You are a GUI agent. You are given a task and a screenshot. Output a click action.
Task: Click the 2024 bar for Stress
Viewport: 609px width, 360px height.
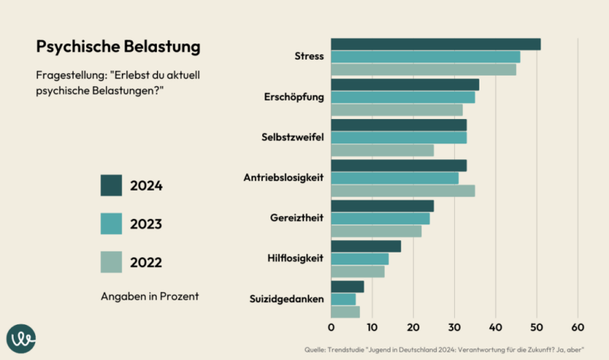(x=435, y=44)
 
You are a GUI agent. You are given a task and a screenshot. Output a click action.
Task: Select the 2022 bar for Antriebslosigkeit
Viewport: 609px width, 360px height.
(x=402, y=191)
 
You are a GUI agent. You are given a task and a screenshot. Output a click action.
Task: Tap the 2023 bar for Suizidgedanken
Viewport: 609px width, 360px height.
(x=343, y=299)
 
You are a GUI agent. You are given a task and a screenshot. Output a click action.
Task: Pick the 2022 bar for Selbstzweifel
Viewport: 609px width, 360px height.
(x=382, y=150)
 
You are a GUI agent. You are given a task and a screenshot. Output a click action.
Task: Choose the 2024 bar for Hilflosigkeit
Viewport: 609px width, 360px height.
(x=366, y=246)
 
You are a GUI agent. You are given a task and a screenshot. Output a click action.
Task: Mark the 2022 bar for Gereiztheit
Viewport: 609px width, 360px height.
(x=376, y=231)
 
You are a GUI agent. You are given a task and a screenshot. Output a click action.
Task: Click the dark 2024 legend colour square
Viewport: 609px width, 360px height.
(x=111, y=185)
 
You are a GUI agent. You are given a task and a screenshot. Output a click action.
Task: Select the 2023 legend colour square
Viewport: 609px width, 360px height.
(x=111, y=223)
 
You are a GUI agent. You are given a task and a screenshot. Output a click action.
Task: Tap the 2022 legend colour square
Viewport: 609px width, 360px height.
(x=111, y=262)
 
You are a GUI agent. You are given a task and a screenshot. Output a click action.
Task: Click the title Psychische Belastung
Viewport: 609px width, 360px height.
(x=118, y=47)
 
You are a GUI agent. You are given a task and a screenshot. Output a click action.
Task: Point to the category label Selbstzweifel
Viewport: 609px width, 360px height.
(x=292, y=137)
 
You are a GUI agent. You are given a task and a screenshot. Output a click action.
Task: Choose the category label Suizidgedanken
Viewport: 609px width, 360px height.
(x=287, y=299)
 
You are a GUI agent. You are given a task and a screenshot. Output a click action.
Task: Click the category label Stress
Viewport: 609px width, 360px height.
(x=309, y=56)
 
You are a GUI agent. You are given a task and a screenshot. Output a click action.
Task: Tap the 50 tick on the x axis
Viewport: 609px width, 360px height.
(x=537, y=327)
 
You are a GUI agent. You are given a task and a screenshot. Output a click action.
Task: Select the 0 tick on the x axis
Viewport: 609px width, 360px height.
(x=331, y=327)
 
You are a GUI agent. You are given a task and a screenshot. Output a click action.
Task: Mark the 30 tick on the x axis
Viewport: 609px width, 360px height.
(x=454, y=327)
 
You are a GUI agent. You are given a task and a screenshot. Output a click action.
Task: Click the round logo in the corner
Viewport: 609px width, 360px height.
(x=21, y=339)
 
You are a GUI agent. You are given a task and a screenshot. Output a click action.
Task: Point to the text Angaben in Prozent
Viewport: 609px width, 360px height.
(x=149, y=296)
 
